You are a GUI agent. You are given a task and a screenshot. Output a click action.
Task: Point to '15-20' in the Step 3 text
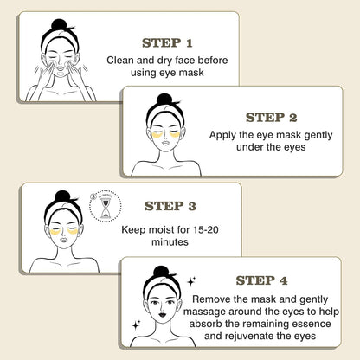pos(208,232)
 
